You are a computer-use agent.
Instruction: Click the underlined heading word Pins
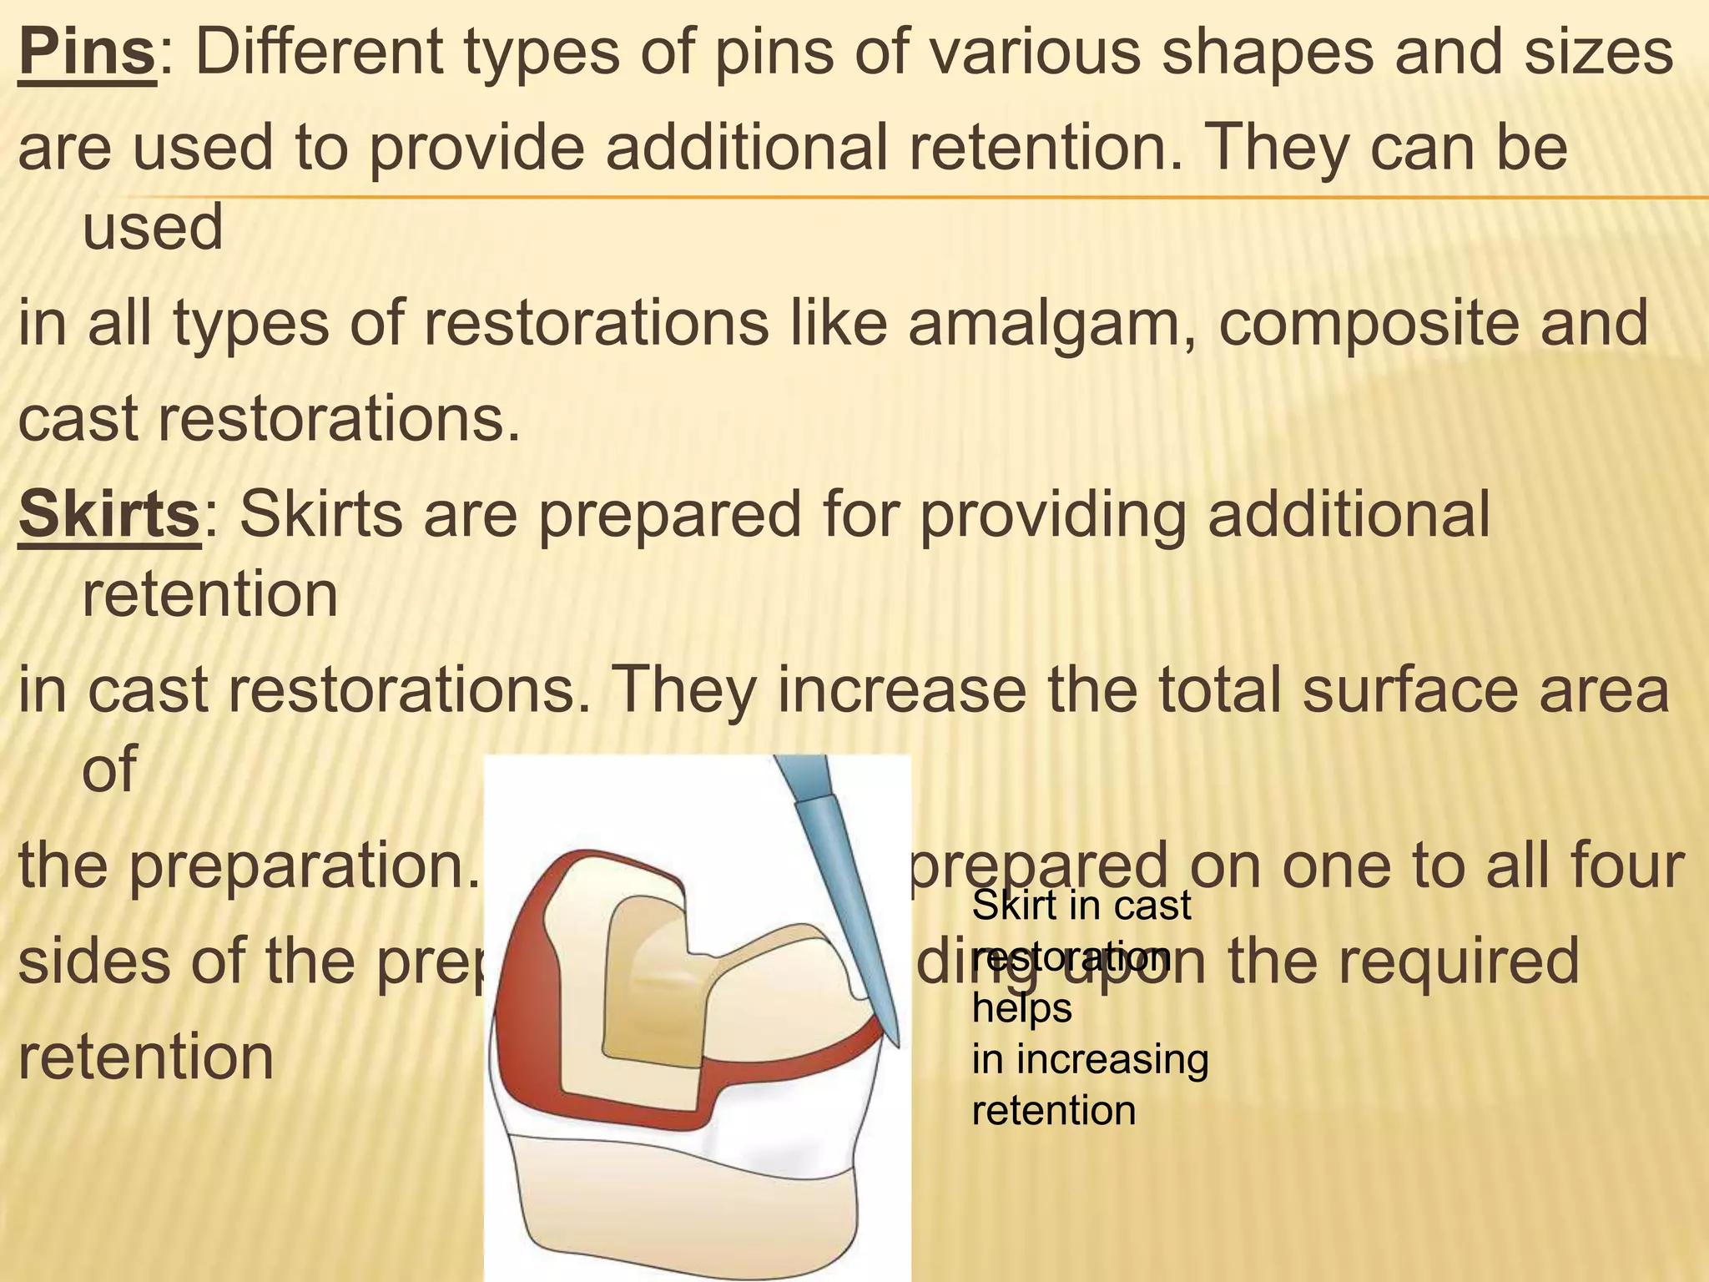pos(87,52)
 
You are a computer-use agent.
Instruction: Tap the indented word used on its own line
pos(153,227)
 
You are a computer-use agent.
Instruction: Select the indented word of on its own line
pos(108,770)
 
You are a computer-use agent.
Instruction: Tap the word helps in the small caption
pos(1021,1008)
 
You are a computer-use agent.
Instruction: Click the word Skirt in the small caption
pos(1009,906)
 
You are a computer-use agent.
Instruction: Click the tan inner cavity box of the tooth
pos(651,985)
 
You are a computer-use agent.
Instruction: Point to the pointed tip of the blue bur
pos(897,1044)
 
